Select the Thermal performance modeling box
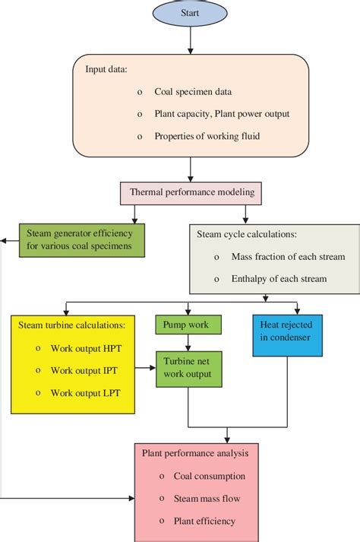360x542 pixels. (x=191, y=193)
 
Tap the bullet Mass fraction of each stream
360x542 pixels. (x=289, y=256)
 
